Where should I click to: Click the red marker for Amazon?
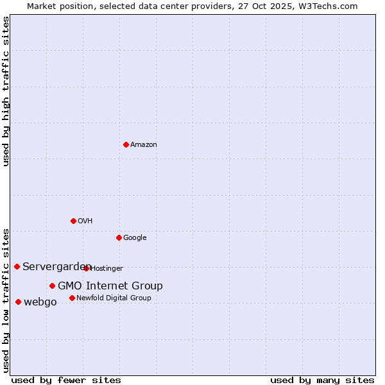(126, 144)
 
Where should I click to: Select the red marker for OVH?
(73, 221)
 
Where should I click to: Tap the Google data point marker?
(119, 237)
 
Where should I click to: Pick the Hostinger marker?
(87, 268)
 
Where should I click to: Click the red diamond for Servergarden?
(17, 266)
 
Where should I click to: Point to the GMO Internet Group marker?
(52, 286)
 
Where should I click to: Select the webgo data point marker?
(18, 302)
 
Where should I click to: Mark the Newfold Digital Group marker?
(72, 298)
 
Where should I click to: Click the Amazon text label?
(144, 144)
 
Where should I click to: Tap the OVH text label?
(85, 221)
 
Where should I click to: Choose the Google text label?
(135, 237)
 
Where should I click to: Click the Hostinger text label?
(107, 268)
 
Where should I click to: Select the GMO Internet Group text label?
(110, 286)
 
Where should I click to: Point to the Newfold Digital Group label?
(114, 298)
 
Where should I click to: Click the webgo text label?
(40, 302)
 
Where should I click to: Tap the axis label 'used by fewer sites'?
(66, 380)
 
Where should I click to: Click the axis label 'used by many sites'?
(322, 380)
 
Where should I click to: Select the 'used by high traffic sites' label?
(6, 91)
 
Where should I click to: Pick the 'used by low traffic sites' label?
(6, 300)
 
